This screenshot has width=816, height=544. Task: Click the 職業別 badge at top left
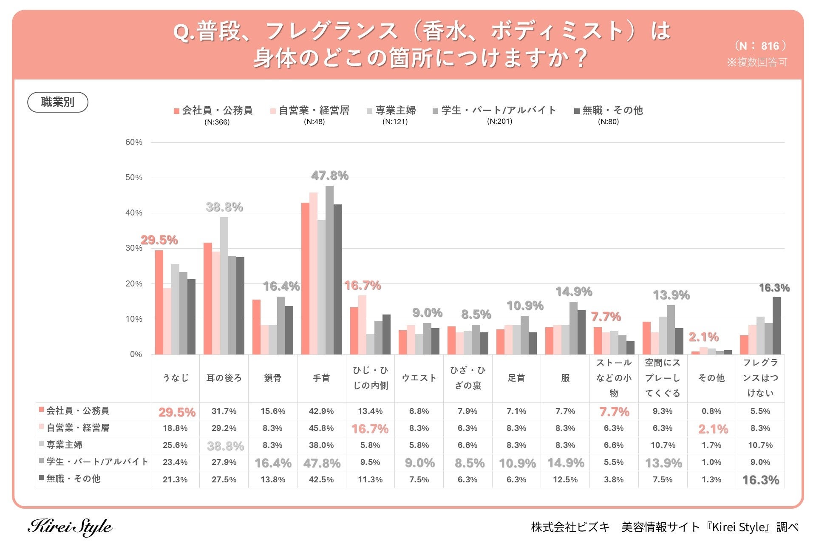click(x=58, y=102)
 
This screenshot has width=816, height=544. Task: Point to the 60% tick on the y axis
click(x=134, y=142)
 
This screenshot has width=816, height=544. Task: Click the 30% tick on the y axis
click(x=134, y=248)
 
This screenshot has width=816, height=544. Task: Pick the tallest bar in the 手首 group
click(x=329, y=270)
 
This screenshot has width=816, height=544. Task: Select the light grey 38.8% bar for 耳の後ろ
click(x=224, y=286)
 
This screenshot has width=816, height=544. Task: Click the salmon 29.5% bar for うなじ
click(x=159, y=302)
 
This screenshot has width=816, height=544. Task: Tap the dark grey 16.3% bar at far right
click(x=776, y=326)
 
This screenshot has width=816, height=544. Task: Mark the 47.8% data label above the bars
click(x=330, y=176)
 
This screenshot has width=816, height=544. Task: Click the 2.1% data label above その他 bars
click(x=704, y=337)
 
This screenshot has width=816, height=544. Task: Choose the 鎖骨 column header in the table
click(x=273, y=378)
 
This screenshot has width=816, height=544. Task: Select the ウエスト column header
click(x=419, y=378)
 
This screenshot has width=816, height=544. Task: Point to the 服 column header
click(x=565, y=378)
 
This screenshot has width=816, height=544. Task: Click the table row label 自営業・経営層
click(x=78, y=428)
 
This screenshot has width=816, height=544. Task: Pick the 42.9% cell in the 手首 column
click(x=321, y=411)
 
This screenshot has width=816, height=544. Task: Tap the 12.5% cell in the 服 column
click(x=565, y=479)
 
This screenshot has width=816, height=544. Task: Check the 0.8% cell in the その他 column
click(x=711, y=411)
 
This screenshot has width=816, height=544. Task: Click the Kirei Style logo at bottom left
click(x=70, y=527)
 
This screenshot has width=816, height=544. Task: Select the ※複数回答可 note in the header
click(x=757, y=62)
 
